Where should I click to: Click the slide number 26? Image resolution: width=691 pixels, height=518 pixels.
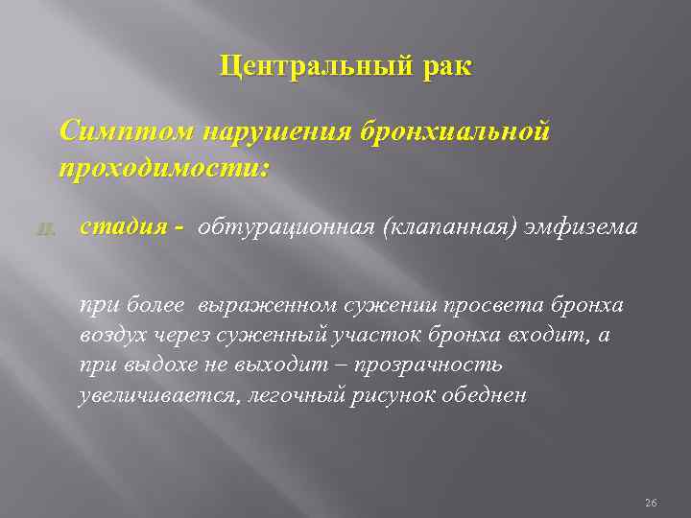650,502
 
